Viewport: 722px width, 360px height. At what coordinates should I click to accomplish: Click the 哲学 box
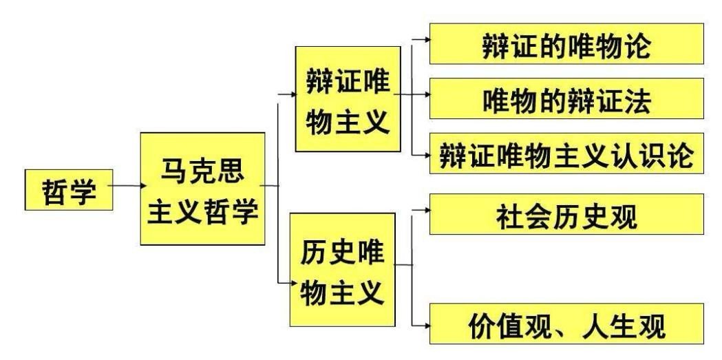pyautogui.click(x=65, y=187)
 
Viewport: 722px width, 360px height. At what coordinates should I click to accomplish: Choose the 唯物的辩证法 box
pyautogui.click(x=567, y=101)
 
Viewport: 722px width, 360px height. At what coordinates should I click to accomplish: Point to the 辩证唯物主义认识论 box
pyautogui.click(x=567, y=153)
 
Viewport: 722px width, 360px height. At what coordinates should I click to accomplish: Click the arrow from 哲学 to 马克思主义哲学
pyautogui.click(x=124, y=186)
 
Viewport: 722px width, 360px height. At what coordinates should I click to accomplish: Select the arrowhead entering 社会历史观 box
pyautogui.click(x=427, y=213)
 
